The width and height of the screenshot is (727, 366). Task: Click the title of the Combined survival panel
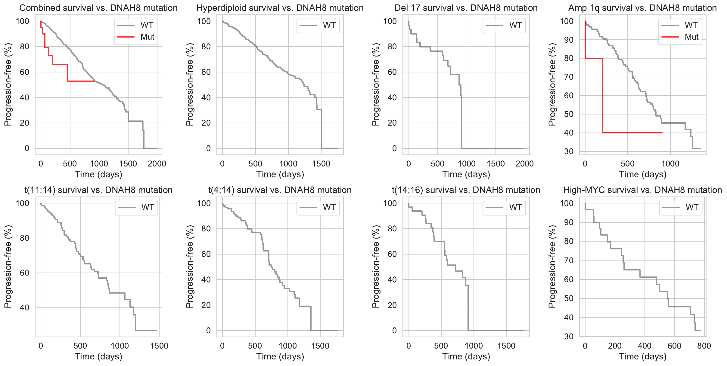pos(98,8)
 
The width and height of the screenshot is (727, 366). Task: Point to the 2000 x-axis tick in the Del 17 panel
pos(524,164)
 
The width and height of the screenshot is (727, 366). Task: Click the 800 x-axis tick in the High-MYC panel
pos(704,346)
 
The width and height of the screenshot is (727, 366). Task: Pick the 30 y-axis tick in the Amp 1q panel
pos(569,151)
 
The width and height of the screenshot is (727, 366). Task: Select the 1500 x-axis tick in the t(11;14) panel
pos(159,346)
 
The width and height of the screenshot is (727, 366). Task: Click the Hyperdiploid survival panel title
pos(280,8)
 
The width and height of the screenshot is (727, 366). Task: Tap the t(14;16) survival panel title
pos(466,190)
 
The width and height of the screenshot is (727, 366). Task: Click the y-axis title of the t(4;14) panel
pos(189,267)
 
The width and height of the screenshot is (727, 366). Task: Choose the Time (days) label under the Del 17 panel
pos(466,174)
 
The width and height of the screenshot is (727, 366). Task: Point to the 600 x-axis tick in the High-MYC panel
pos(674,346)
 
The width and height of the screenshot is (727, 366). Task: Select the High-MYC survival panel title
pos(642,190)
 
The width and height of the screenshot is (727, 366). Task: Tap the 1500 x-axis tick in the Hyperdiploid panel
pos(321,164)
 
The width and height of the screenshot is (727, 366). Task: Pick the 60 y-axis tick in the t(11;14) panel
pos(23,273)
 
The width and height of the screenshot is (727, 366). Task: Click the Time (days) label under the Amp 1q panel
pos(642,174)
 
